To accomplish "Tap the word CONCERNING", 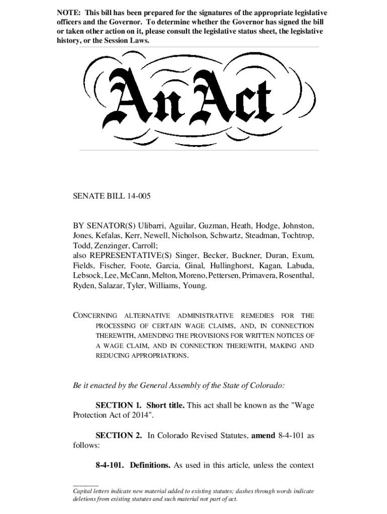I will click(95, 316).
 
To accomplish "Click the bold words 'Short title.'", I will click(166, 406).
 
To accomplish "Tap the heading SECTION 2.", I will click(119, 436).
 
